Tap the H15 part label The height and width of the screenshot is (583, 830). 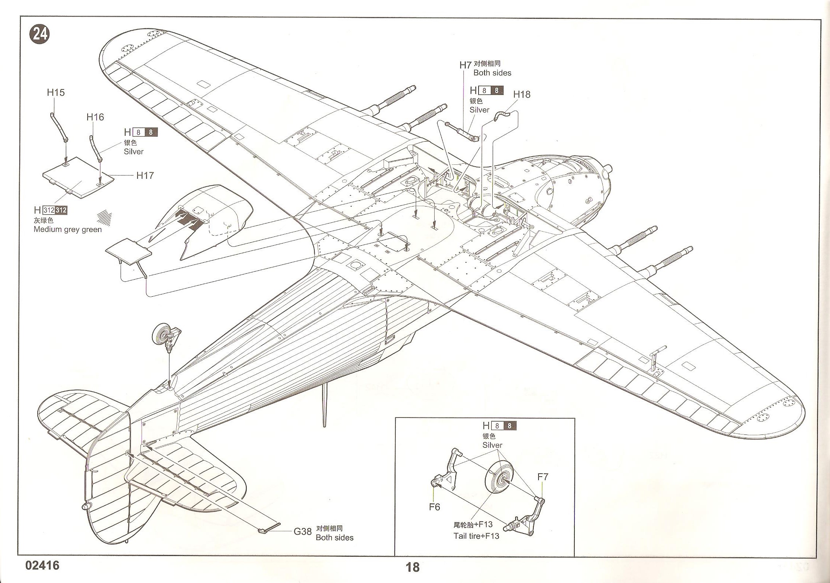point(56,93)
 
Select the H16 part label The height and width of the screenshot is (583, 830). point(95,117)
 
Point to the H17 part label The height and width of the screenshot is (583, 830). point(145,175)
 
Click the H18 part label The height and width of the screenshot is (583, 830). point(522,95)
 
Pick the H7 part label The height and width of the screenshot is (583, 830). point(465,65)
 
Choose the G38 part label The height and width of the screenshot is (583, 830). point(303,532)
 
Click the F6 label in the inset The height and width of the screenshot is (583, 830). point(434,507)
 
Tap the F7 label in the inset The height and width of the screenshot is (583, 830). point(542,477)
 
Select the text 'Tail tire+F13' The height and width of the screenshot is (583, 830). point(476,536)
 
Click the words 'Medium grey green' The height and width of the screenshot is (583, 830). point(68,229)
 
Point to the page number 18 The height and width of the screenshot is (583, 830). point(412,567)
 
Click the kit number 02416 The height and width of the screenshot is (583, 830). point(43,566)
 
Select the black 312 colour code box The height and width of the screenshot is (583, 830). point(61,211)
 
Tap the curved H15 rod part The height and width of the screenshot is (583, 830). point(59,128)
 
